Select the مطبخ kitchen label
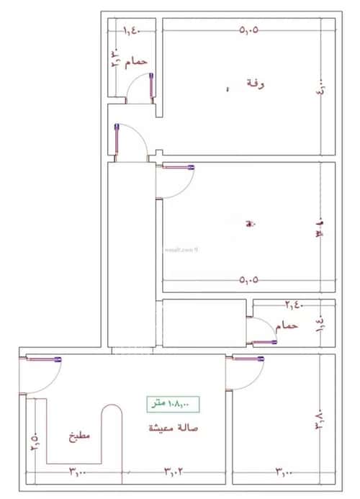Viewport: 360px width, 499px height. tap(79, 436)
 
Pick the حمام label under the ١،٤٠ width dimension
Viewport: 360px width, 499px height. tap(136, 63)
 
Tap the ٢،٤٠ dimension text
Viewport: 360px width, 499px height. tap(294, 305)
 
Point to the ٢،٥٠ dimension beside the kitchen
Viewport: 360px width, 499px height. tap(34, 440)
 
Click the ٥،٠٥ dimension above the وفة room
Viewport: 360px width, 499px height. tap(248, 30)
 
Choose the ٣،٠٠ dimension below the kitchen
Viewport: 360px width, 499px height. tap(78, 473)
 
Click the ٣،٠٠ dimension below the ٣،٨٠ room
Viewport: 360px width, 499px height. tap(283, 473)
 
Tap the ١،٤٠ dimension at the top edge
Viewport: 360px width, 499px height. tap(132, 30)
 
